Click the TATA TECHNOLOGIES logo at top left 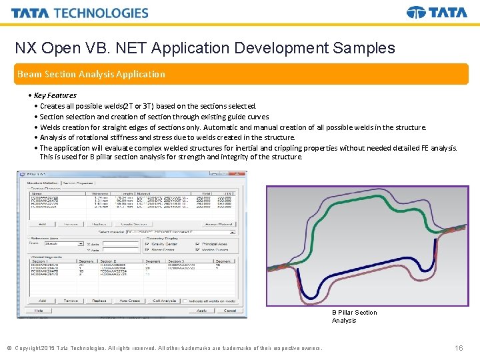79,13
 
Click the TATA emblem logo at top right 437,13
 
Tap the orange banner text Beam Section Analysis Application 91,74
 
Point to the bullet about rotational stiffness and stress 167,137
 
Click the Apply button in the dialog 201,311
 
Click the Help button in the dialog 38,311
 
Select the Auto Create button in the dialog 129,301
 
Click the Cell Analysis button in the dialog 164,301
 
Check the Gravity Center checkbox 147,244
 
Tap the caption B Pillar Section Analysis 354,317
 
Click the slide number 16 458,348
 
